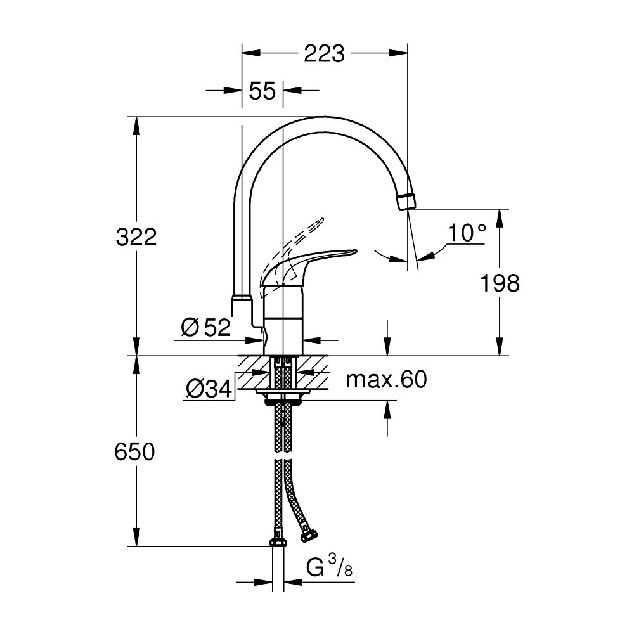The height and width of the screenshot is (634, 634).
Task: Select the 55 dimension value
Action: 262,91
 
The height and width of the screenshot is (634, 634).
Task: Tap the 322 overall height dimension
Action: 136,238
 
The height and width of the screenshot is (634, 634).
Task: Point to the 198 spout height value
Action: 499,283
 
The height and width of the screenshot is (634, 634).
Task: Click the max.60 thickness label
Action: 387,380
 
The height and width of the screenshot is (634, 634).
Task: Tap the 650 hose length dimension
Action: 134,452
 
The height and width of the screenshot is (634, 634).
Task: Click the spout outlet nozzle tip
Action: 406,201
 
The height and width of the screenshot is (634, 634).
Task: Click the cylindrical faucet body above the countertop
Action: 283,320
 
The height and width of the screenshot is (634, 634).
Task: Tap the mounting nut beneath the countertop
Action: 283,396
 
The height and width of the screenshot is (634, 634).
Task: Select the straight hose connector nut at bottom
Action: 278,542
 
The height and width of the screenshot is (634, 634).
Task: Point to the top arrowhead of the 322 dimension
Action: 135,124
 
